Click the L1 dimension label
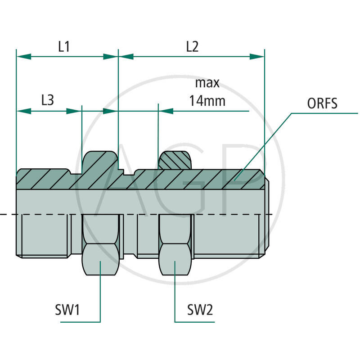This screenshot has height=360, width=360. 64,47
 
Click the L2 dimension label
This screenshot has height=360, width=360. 192,47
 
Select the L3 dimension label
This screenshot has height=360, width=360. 48,100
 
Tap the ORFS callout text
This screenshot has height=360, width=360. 322,104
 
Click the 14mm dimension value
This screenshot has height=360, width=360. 207,100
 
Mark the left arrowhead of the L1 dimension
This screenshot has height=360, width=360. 24,56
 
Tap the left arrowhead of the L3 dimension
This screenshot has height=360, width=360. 24,111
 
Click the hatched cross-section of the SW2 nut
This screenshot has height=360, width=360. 175,161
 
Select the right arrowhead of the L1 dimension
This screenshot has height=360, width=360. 110,56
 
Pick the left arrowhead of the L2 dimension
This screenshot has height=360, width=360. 126,56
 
